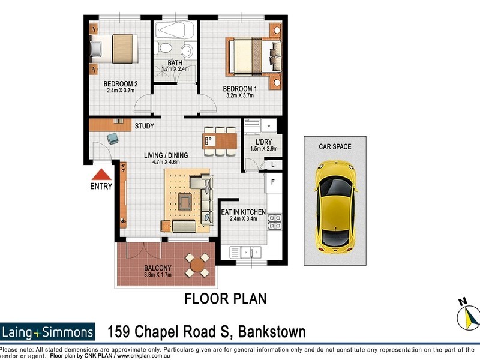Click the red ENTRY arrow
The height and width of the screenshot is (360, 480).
pos(101,175)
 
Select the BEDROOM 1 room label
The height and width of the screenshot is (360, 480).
pos(240,88)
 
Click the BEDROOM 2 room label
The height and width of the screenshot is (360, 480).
pos(122,84)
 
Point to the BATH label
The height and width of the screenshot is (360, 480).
pos(175,62)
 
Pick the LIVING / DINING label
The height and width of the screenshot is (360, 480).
pos(166,155)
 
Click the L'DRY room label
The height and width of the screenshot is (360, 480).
pos(264,142)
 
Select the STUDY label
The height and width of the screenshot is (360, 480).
pos(144,126)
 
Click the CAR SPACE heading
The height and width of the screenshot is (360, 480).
pos(335,146)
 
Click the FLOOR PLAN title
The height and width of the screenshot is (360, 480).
pos(225,298)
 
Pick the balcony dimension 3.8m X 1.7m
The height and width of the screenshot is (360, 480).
pos(157,275)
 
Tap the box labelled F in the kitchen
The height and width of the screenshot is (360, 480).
pos(273,182)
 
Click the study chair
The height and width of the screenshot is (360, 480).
pos(113,139)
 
